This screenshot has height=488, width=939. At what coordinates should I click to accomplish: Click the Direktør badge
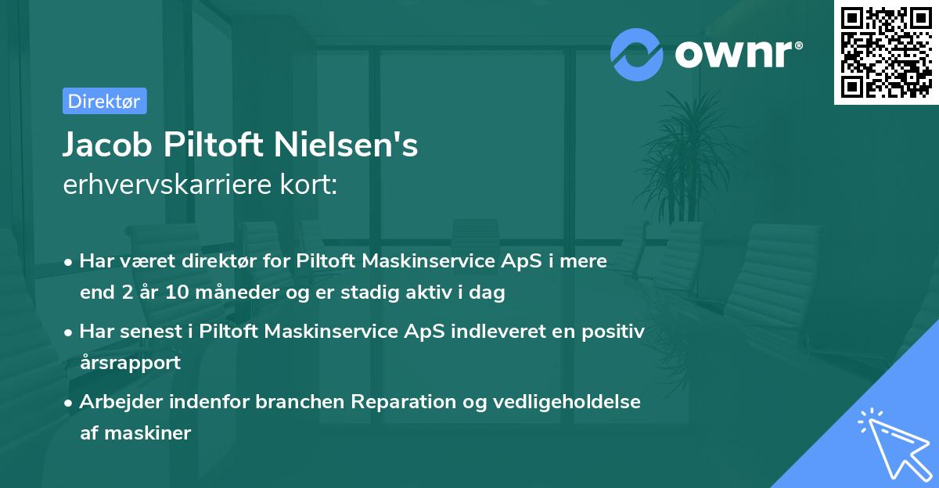(104, 101)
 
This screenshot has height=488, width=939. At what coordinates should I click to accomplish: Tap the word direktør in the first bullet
(191, 261)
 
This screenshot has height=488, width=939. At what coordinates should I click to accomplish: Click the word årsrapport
(130, 363)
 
